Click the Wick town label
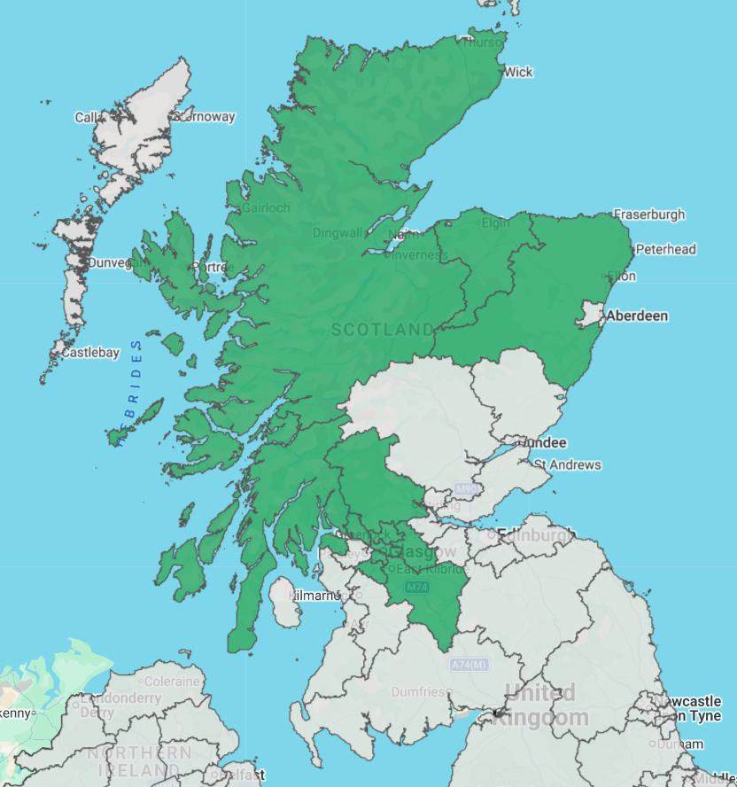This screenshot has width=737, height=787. point(518,72)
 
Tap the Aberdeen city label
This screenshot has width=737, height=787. point(637,316)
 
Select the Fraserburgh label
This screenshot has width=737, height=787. point(649,214)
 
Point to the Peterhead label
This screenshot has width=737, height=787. point(665,249)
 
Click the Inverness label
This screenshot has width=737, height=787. point(421,255)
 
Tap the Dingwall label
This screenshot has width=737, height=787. point(337,233)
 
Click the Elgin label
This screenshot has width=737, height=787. point(496,222)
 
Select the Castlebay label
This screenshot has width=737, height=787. point(89,353)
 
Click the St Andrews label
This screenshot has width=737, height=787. point(567,464)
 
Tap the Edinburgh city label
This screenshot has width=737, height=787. point(536,534)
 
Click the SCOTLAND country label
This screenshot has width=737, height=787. point(384,330)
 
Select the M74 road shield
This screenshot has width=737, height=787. point(416,588)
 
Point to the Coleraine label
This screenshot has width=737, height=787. point(172,682)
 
